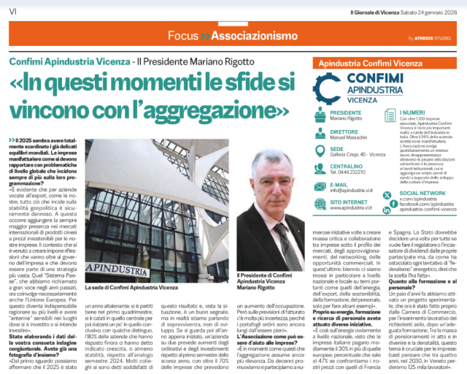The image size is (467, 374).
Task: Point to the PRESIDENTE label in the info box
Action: (x=351, y=113)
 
